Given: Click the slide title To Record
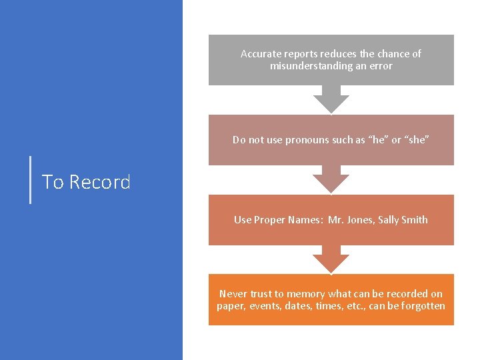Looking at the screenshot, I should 86,182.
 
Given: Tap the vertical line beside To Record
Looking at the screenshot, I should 31,179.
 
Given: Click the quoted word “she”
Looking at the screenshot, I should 417,140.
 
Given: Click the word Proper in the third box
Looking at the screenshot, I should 271,220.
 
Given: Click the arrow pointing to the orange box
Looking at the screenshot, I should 331,259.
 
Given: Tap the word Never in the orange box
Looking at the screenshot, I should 233,294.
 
